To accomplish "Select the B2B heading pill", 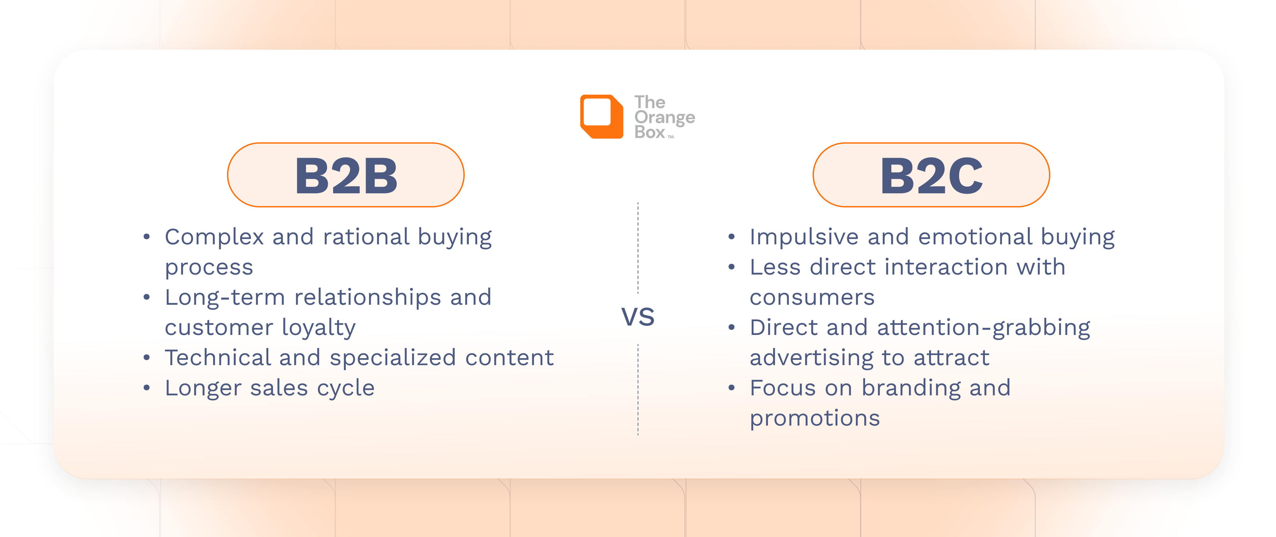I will pos(346,175).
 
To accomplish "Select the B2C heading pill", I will pos(931,175).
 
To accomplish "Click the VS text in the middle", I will pos(638,317).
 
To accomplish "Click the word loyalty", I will pos(319,328).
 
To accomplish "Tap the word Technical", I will pos(218,358).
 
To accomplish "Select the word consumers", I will pos(812,297).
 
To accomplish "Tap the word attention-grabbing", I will pos(983,328).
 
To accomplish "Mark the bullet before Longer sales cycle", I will pos(147,388).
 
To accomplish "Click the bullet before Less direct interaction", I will pos(732,267).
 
